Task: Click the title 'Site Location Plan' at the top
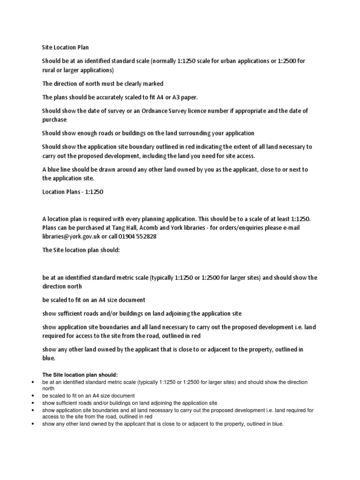[x=65, y=47]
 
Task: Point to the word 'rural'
[x=49, y=70]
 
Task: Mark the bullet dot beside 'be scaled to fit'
[x=32, y=396]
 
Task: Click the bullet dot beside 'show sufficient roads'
[x=32, y=403]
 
